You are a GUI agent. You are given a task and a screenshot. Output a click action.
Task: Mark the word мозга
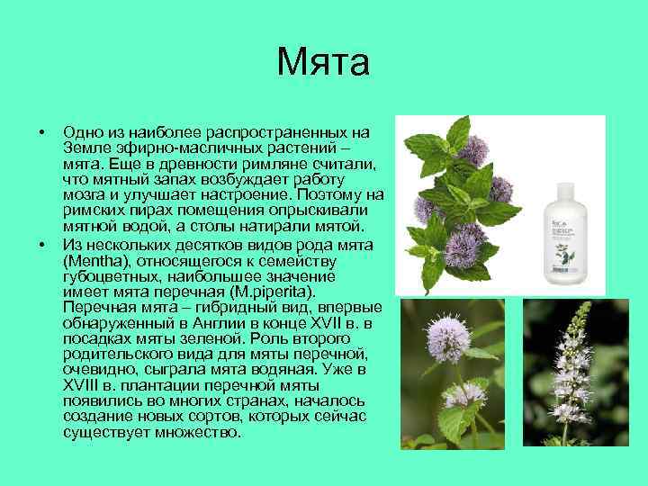point(84,195)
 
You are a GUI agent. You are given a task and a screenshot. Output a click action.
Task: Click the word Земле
point(85,148)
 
